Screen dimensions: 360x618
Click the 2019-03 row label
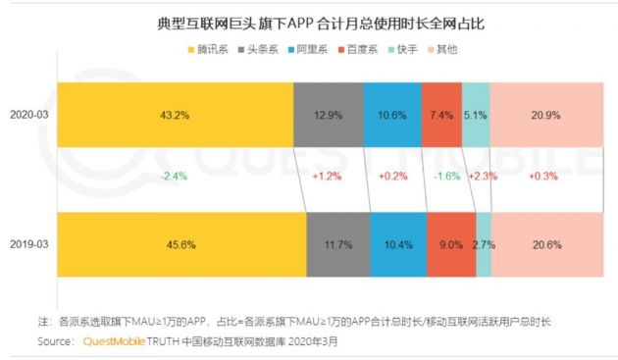30,241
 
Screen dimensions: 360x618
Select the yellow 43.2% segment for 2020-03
175,115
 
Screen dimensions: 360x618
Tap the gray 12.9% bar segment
328,115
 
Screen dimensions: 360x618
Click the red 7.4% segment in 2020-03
440,115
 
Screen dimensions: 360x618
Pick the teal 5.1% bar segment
476,115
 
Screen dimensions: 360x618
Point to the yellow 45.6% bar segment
181,241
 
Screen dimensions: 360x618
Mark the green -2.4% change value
174,177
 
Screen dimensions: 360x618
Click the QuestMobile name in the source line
119,343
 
